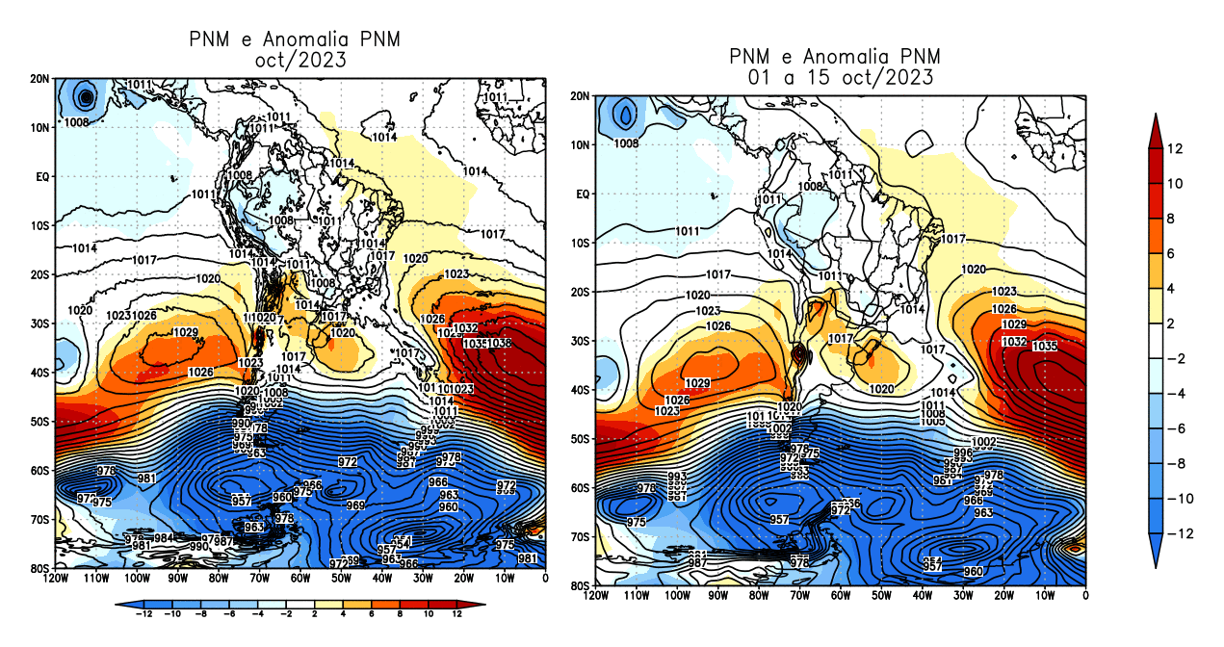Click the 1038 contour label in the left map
pyautogui.click(x=499, y=344)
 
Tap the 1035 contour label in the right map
pyautogui.click(x=1045, y=347)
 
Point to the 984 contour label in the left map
pyautogui.click(x=164, y=538)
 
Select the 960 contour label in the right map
pyautogui.click(x=973, y=572)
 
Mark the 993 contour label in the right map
pyautogui.click(x=677, y=478)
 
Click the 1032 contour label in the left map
pyautogui.click(x=465, y=328)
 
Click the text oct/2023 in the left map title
pyautogui.click(x=295, y=60)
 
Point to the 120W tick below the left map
pyautogui.click(x=56, y=579)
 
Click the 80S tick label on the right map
pyautogui.click(x=582, y=585)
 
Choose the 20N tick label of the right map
pyautogui.click(x=582, y=96)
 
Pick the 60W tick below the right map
pyautogui.click(x=841, y=597)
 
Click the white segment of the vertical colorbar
pyautogui.click(x=1159, y=341)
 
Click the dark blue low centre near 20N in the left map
pyautogui.click(x=87, y=96)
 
